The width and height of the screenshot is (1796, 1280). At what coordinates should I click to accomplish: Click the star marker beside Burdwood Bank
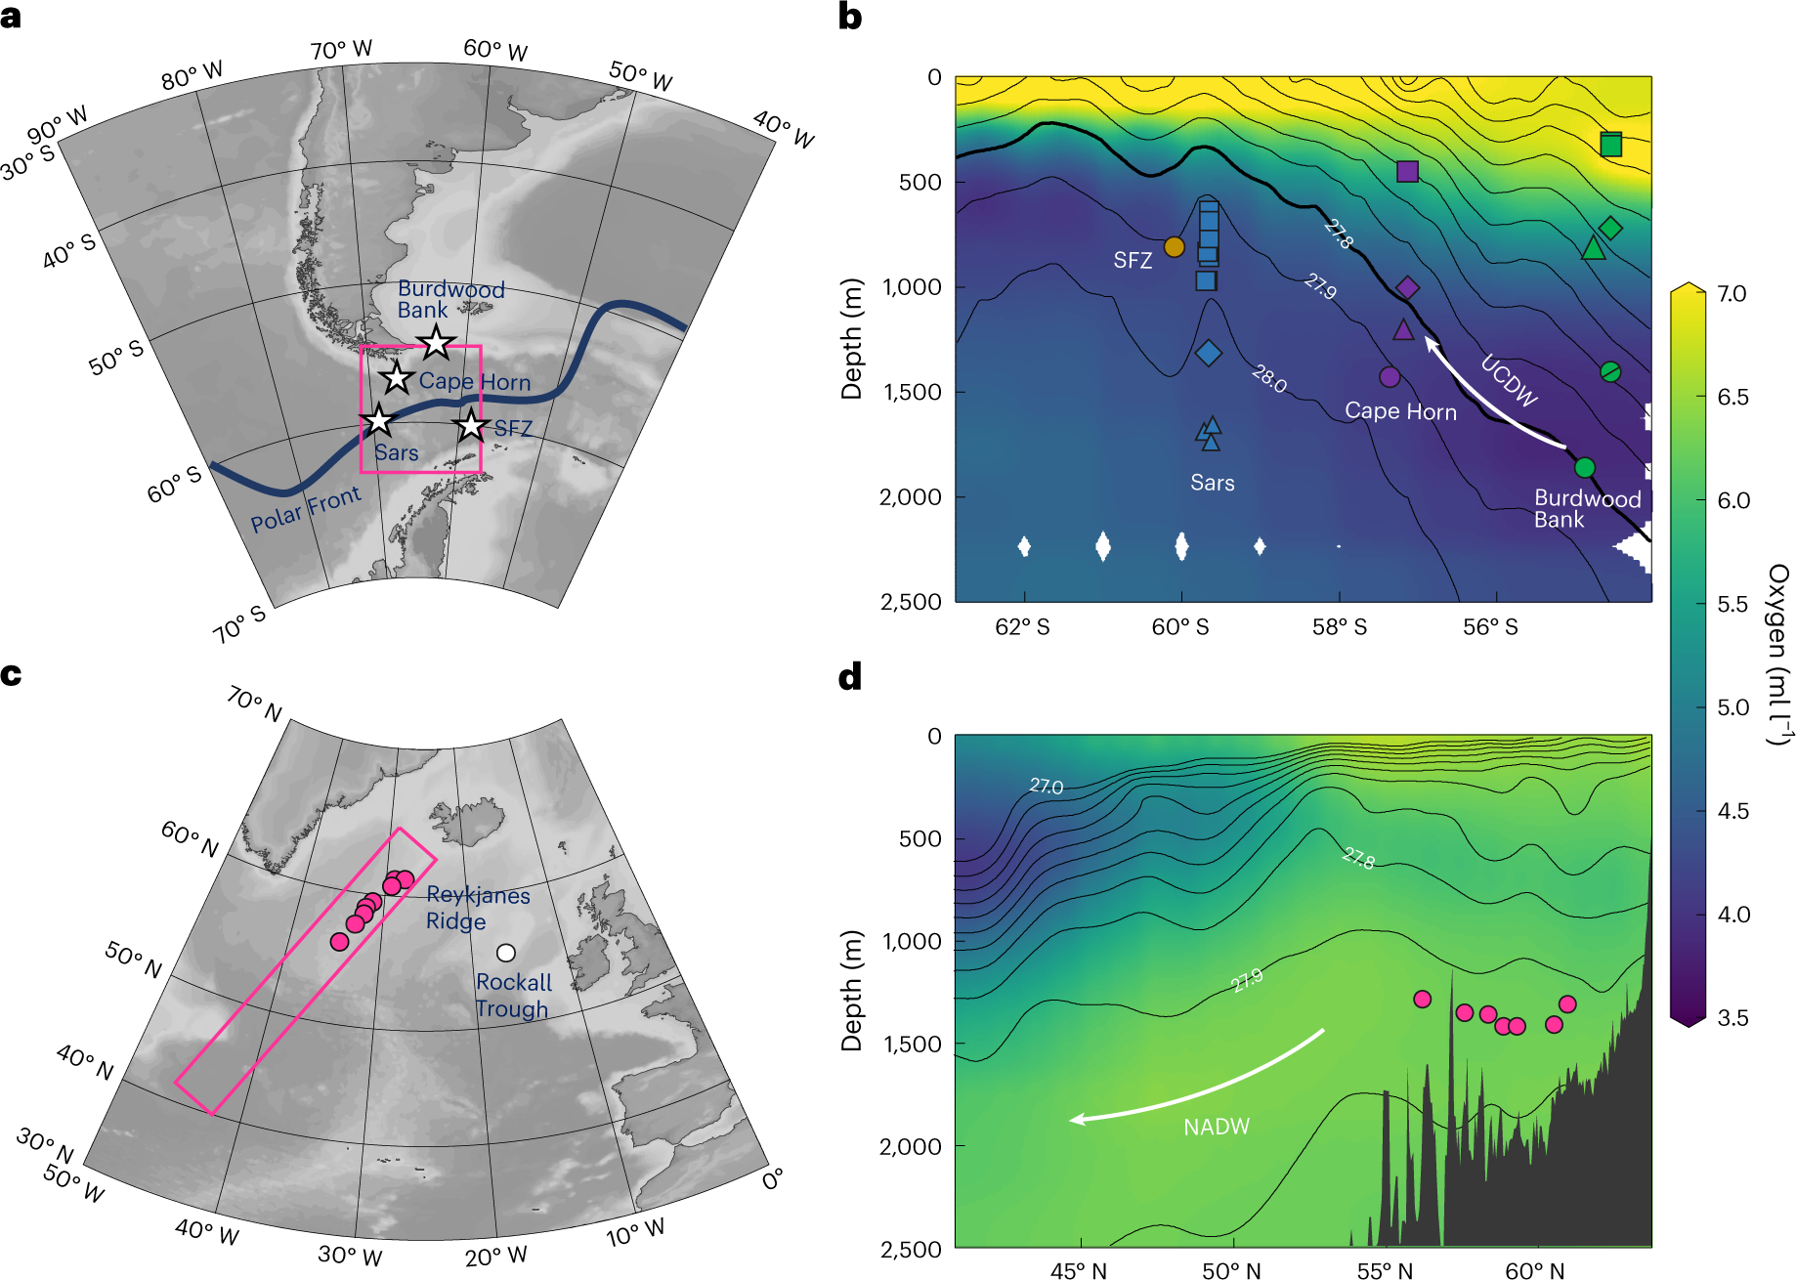click(436, 343)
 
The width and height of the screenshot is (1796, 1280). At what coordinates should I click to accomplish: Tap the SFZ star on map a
click(471, 425)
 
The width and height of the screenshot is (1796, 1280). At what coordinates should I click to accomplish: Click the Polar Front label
click(305, 509)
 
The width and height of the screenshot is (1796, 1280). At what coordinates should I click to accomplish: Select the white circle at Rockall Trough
click(505, 952)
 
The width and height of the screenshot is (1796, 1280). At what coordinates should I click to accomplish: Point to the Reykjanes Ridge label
click(477, 908)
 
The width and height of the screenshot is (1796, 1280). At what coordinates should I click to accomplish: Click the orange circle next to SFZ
click(1174, 247)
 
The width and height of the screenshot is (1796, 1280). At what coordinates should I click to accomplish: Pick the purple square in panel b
click(1407, 171)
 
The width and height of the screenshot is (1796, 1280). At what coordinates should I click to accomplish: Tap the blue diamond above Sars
click(1209, 353)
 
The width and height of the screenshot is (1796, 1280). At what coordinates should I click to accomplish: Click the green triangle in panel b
click(1593, 248)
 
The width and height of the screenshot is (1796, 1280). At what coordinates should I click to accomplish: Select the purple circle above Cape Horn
click(1390, 376)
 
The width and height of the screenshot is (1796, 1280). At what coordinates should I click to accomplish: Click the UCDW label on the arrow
click(1509, 381)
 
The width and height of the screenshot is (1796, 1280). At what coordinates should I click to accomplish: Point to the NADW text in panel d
click(1216, 1127)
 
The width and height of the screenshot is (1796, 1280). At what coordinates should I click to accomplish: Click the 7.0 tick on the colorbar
click(1732, 294)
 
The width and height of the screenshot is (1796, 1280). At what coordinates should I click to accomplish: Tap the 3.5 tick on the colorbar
click(1732, 1017)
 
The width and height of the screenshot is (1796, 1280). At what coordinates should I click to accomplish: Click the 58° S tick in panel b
click(1339, 627)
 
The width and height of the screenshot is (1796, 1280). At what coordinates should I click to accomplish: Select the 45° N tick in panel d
click(1078, 1270)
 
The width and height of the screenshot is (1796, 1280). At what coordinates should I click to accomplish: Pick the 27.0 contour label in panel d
click(1046, 786)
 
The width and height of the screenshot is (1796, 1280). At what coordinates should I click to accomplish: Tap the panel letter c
click(11, 674)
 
